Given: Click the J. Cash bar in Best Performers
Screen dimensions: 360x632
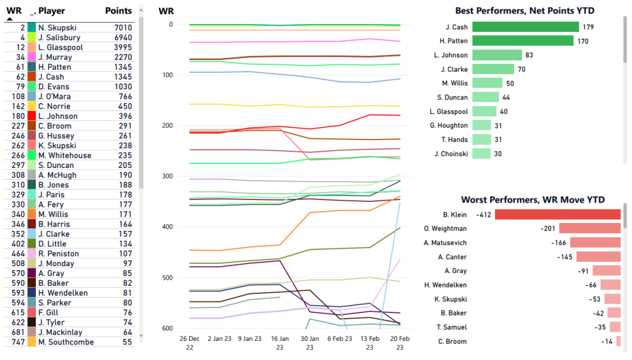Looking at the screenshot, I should click(525, 27).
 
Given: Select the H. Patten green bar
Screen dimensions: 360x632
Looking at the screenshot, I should click(523, 41).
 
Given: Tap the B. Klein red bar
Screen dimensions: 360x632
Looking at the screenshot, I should click(557, 214).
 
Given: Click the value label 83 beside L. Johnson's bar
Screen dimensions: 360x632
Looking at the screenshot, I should click(530, 55).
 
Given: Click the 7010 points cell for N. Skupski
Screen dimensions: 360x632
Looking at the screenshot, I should click(123, 28).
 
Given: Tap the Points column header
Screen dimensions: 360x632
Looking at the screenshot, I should click(118, 10).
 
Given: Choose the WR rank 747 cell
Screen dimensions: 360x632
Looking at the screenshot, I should click(17, 342).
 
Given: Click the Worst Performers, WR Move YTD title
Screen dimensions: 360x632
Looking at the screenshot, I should click(533, 199).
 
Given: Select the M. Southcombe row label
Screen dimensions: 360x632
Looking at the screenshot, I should click(65, 342).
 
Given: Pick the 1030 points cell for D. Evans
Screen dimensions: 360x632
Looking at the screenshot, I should click(123, 86).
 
